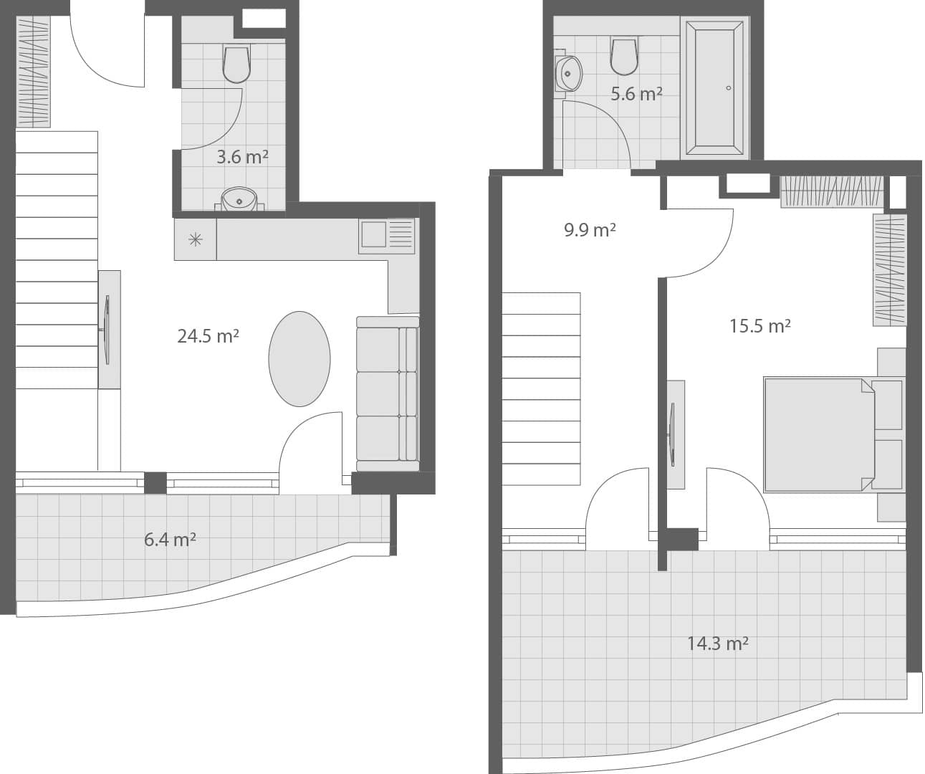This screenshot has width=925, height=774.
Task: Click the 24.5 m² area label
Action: click(x=208, y=335)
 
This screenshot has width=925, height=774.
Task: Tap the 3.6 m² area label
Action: click(x=242, y=157)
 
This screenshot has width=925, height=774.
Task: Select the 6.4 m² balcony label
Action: click(x=170, y=539)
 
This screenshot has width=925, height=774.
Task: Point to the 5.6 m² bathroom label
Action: click(x=636, y=93)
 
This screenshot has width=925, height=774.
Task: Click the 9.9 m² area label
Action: click(x=590, y=230)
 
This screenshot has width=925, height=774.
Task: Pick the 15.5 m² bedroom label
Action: click(x=759, y=326)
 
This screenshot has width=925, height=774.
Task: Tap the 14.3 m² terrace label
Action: click(x=717, y=644)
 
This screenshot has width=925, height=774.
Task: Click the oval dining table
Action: click(x=299, y=359)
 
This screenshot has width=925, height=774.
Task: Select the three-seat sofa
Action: click(x=387, y=393)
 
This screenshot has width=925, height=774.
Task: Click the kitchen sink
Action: click(x=373, y=234)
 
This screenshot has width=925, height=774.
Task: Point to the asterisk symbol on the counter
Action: click(x=195, y=239)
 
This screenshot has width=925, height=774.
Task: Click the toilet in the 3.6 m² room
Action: click(x=236, y=64)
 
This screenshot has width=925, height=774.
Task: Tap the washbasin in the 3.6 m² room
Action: click(x=239, y=199)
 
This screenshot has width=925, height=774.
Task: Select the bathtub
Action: click(x=714, y=88)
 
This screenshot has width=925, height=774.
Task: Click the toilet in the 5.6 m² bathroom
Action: click(x=624, y=57)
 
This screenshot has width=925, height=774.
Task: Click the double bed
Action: click(x=819, y=434)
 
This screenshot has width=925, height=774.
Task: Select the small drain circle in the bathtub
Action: click(x=729, y=88)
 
